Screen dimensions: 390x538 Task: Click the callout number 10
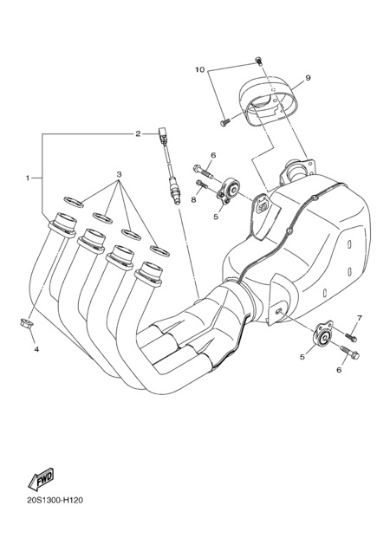pos(199,69)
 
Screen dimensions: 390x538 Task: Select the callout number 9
pos(308,78)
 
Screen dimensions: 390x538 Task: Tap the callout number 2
pos(138,133)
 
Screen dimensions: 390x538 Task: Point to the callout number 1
pos(28,178)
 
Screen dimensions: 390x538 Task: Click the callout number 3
pos(119,173)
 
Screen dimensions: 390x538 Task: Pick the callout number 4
pos(36,349)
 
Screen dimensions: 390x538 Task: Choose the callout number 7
pos(359,318)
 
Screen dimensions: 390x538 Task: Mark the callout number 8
pos(193,199)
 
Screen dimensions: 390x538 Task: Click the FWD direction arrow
pos(41,478)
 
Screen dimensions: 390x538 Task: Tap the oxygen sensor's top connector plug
pos(163,135)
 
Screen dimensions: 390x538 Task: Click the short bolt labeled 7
pos(351,337)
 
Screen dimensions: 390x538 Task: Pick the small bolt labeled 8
pos(202,185)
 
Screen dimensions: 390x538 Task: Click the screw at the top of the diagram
pos(259,62)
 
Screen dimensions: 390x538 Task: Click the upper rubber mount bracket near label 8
pos(228,190)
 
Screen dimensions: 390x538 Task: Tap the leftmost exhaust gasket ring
pos(74,202)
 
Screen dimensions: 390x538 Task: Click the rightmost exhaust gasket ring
pos(159,251)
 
